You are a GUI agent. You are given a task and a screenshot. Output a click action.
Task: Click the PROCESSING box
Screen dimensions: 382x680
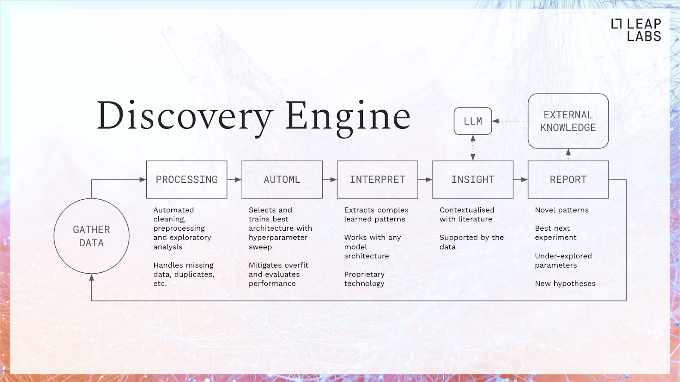[x=187, y=179]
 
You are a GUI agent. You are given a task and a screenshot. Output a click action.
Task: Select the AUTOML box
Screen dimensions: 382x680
[x=282, y=179]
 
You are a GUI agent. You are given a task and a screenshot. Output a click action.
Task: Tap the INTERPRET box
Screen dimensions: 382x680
[x=377, y=179]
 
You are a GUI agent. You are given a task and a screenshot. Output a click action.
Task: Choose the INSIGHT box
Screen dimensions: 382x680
[x=473, y=179]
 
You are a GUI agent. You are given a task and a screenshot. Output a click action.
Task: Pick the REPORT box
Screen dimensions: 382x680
[x=568, y=179]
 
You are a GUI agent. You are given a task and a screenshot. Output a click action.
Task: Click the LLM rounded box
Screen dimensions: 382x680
[x=473, y=121]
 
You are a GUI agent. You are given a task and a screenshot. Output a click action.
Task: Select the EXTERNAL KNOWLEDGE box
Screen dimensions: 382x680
[x=568, y=121]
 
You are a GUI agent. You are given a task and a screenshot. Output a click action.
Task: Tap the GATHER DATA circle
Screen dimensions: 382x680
[x=91, y=236]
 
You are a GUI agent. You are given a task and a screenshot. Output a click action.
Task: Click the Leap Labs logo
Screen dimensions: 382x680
[x=636, y=30]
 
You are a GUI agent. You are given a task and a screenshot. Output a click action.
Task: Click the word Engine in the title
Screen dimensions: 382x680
[x=348, y=116]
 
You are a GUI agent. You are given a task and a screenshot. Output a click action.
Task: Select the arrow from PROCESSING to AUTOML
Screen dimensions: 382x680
[x=235, y=179]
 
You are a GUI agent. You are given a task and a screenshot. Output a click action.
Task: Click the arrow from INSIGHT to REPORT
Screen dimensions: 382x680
[x=521, y=179]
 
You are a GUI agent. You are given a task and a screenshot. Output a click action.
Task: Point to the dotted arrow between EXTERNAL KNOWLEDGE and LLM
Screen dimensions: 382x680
[x=510, y=121]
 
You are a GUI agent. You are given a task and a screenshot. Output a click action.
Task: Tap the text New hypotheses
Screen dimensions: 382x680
[x=565, y=283]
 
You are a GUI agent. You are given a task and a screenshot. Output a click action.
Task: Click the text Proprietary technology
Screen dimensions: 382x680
[x=364, y=279]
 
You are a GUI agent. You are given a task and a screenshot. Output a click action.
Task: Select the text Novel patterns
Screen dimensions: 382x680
[x=562, y=210]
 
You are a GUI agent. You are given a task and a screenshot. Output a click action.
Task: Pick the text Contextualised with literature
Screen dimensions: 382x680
[x=467, y=215]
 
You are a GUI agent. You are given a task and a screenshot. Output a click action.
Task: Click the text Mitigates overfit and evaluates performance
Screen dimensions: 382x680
[x=278, y=274]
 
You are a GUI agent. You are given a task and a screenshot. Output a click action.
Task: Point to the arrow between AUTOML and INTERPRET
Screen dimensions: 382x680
[x=330, y=179]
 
